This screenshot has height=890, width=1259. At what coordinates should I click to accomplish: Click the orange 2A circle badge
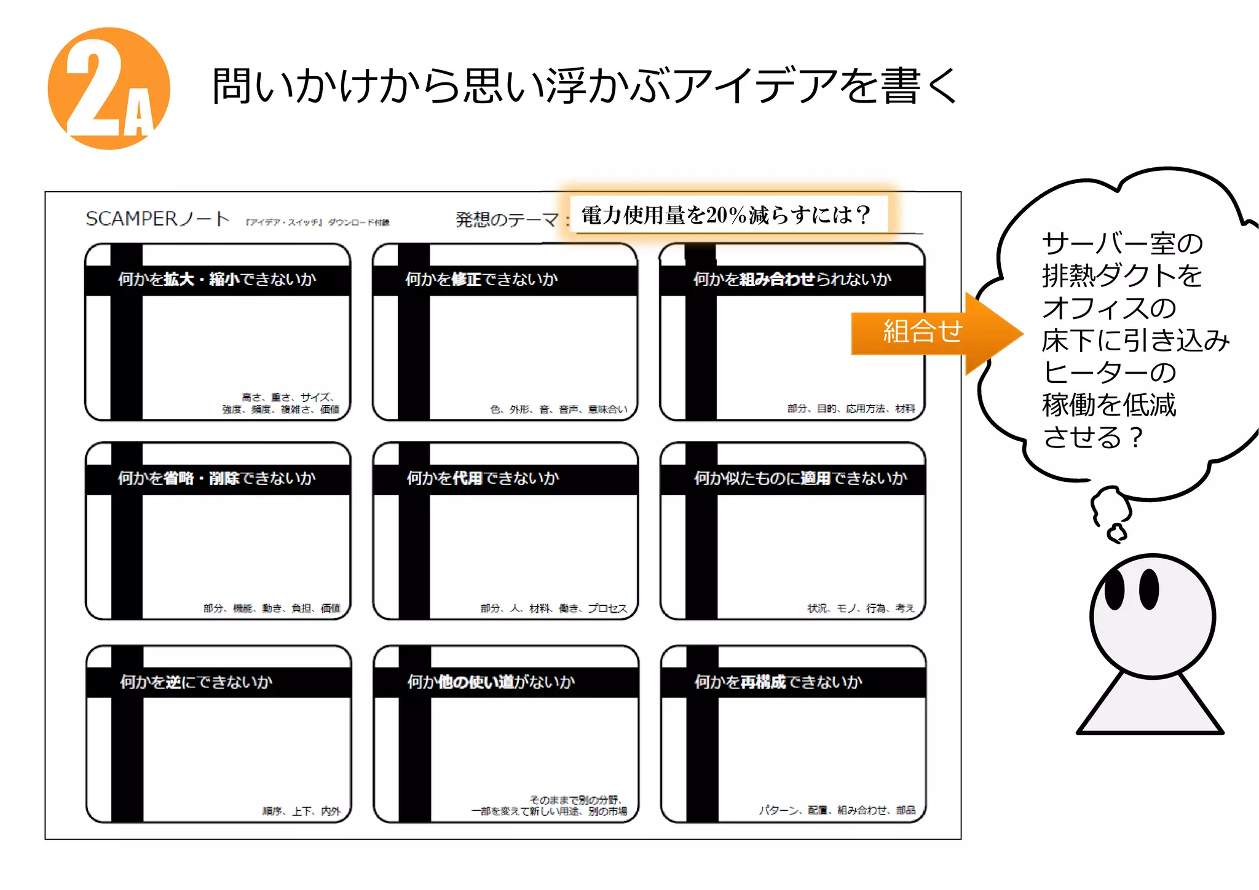108,89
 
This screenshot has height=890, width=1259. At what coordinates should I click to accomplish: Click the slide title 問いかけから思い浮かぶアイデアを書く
584,85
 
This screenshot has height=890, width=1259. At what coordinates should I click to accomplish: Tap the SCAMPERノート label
157,219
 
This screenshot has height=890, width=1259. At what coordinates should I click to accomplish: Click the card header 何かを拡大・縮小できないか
217,280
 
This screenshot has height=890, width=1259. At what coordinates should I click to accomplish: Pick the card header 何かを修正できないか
481,280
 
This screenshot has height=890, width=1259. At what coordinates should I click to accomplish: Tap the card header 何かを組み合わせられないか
792,280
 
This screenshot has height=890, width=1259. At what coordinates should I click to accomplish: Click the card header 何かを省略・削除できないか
217,479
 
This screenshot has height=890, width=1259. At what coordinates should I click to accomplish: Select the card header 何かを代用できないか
483,479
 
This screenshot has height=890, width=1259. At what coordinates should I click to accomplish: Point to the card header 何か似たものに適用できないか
800,479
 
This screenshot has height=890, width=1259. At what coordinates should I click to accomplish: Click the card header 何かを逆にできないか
195,682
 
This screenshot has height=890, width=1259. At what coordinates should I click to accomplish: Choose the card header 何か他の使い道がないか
491,682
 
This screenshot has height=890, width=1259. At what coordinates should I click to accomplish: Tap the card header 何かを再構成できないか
778,682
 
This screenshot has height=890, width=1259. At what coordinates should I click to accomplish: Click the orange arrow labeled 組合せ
928,333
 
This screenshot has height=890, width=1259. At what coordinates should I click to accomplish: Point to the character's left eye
1114,589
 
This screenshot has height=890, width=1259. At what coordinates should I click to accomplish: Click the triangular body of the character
1150,707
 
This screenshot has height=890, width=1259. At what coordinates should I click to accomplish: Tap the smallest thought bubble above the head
1117,533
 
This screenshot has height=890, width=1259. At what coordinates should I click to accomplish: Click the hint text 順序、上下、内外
301,811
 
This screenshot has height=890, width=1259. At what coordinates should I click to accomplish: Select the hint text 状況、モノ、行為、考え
861,608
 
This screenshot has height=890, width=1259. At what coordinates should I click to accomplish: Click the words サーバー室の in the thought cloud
1122,244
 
